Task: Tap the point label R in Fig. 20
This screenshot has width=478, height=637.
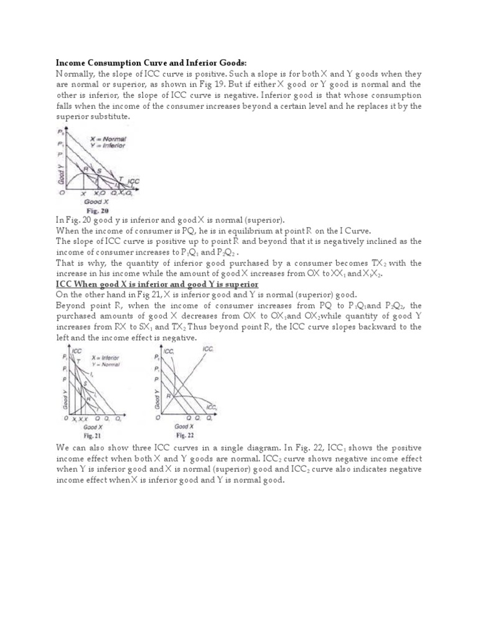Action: click(x=87, y=169)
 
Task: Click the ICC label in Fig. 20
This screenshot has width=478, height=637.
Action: click(x=133, y=182)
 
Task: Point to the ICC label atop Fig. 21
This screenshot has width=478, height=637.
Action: click(x=77, y=351)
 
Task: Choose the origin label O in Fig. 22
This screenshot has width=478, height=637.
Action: click(x=157, y=419)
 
